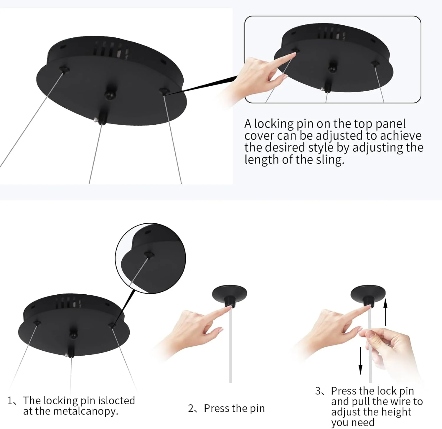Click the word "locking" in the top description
(x=274, y=124)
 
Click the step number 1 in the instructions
(x=11, y=401)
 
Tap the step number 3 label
(x=318, y=391)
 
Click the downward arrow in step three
(x=360, y=360)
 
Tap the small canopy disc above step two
(x=230, y=293)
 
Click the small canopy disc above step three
(x=368, y=293)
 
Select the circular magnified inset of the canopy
(x=151, y=258)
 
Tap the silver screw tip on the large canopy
(x=96, y=120)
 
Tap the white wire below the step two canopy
(x=231, y=345)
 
